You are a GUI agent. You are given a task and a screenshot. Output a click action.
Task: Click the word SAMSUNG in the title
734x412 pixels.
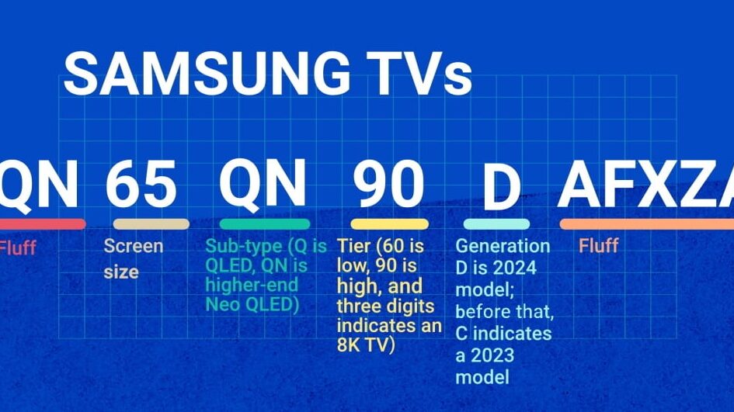pyautogui.click(x=207, y=74)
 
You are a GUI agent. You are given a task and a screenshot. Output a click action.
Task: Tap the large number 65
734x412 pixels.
pyautogui.click(x=141, y=184)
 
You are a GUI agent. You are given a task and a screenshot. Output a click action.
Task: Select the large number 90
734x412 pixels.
pyautogui.click(x=388, y=184)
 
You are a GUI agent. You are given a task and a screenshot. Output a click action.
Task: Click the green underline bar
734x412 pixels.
pyautogui.click(x=265, y=224)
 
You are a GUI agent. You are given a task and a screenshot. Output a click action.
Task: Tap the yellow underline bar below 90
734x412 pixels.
pyautogui.click(x=389, y=224)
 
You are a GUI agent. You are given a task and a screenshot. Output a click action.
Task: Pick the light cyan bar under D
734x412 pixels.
pyautogui.click(x=496, y=224)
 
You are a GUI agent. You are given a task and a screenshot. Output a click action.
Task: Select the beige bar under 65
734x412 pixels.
pyautogui.click(x=151, y=224)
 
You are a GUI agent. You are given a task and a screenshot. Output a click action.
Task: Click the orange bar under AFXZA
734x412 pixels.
pyautogui.click(x=647, y=224)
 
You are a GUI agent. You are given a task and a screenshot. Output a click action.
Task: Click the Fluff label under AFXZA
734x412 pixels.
pyautogui.click(x=599, y=245)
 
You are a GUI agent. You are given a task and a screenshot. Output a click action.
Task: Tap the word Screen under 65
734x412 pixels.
pyautogui.click(x=134, y=246)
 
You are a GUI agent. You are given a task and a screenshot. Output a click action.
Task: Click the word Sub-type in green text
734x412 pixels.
pyautogui.click(x=244, y=247)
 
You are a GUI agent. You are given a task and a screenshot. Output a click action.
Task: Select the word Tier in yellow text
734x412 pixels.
pyautogui.click(x=354, y=245)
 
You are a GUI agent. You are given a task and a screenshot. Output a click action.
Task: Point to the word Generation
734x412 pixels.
pyautogui.click(x=503, y=246)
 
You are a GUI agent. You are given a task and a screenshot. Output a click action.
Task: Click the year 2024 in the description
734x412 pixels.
pyautogui.click(x=514, y=268)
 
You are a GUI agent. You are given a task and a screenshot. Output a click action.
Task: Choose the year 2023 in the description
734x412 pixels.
pyautogui.click(x=492, y=355)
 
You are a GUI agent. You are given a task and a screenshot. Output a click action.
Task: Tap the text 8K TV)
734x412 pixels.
pyautogui.click(x=366, y=345)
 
